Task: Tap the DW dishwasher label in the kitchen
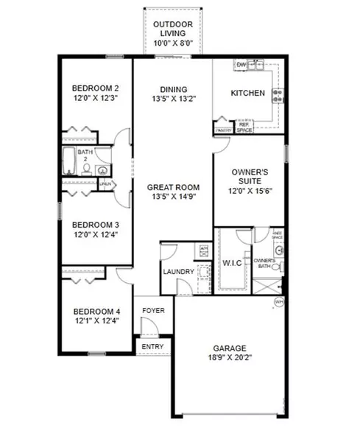pos(241,66)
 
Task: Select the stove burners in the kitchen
pos(278,95)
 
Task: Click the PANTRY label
pos(223,131)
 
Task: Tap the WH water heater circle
pos(278,302)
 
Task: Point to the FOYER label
pos(154,310)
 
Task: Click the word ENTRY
pos(153,345)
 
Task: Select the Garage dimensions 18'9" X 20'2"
pos(230,360)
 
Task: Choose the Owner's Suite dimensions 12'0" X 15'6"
pos(247,190)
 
